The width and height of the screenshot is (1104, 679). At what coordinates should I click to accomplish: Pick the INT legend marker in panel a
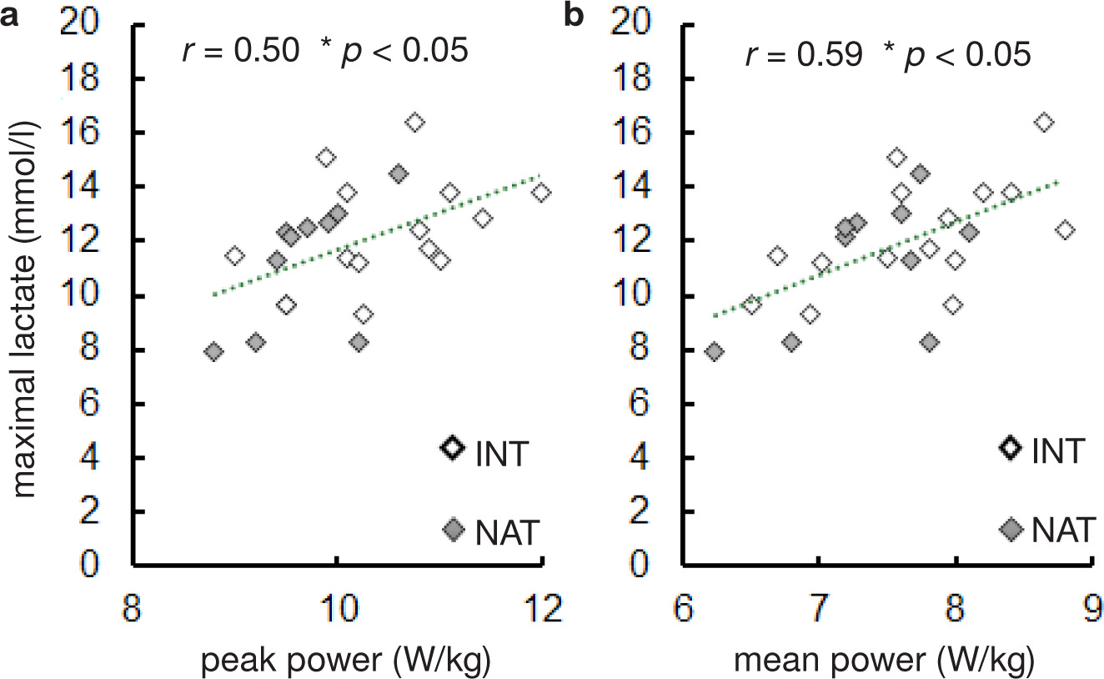coord(453,448)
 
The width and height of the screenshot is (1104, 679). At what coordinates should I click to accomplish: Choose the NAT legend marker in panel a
coord(453,529)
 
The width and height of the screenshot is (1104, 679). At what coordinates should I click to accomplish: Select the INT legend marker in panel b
coord(1011,448)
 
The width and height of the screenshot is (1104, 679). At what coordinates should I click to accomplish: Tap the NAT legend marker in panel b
coord(1011,529)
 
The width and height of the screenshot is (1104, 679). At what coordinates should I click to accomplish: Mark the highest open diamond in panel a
coord(414,122)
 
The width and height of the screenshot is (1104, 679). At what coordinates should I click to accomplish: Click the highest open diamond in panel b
coord(1043,122)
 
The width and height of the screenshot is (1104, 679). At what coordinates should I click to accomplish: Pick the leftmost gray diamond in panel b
coord(714,351)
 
